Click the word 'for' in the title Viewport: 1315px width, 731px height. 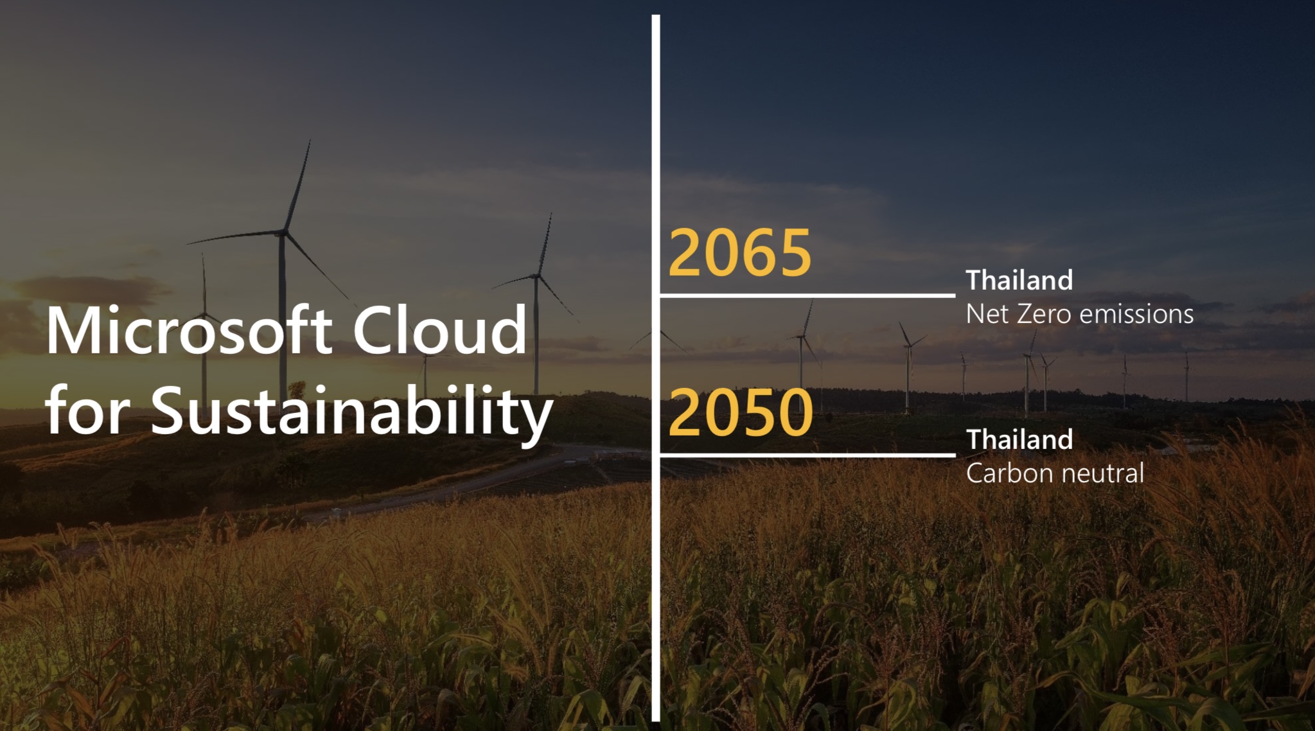(87, 410)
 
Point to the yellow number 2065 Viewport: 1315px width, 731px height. (740, 252)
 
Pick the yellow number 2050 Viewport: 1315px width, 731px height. (741, 412)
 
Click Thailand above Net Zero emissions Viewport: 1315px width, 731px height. (1019, 280)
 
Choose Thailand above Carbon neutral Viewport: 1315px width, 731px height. (1019, 439)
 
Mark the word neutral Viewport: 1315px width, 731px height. (1102, 473)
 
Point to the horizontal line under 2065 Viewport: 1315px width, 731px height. (808, 295)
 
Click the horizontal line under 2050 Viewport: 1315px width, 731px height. (808, 455)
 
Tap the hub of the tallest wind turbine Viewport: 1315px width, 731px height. (283, 233)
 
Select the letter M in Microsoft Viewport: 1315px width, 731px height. (72, 331)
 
